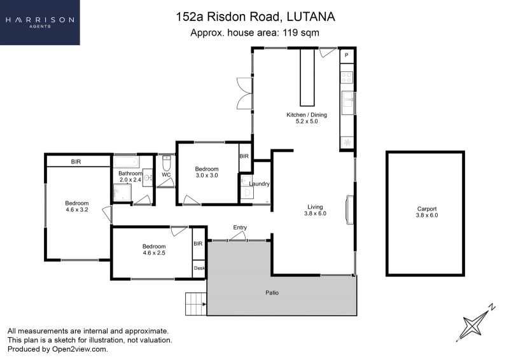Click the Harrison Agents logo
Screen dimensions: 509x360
39,22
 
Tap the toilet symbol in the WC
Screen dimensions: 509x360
166,163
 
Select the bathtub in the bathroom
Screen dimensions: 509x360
127,162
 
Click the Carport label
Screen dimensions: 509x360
426,209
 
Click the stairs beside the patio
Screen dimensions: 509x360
196,304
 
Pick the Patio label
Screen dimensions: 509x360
272,293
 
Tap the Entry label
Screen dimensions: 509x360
240,227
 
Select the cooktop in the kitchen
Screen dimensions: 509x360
347,77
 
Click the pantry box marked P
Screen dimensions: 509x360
347,55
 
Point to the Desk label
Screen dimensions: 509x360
199,268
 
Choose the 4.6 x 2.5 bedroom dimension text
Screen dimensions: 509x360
154,253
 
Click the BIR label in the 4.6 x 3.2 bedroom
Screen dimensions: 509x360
76,162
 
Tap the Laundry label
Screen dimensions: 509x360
259,184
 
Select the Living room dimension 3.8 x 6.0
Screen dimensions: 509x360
315,213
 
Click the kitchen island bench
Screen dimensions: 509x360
307,77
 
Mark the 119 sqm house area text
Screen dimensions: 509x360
301,33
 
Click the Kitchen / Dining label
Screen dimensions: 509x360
307,114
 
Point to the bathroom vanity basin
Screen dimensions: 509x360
148,177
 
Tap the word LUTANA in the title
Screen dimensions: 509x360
311,17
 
